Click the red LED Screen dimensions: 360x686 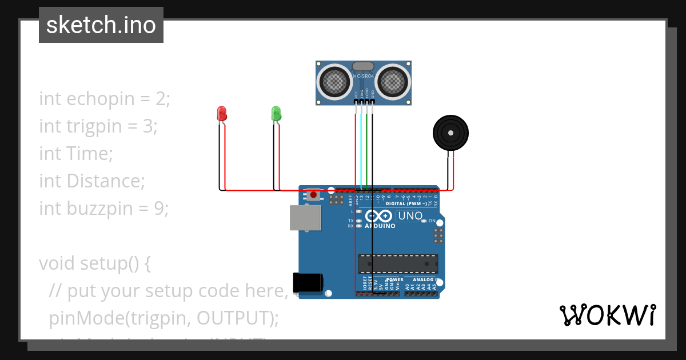222,114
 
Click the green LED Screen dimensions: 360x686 276,113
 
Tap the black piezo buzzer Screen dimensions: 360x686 450,133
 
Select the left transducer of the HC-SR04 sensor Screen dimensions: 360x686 334,82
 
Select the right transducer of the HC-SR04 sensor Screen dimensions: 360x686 393,82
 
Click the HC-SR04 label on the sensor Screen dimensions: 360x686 364,76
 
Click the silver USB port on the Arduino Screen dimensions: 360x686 305,218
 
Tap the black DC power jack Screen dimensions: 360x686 308,283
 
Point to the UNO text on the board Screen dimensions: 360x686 409,216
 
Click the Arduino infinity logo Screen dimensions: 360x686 378,216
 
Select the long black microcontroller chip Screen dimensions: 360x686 398,263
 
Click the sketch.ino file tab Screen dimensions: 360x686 101,25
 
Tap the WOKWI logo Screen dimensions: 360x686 607,315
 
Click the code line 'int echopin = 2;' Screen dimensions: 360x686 105,99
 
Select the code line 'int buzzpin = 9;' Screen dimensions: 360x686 104,209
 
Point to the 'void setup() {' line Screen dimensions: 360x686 95,263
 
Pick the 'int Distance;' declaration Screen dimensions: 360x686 92,181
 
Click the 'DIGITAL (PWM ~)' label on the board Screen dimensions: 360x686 406,203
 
